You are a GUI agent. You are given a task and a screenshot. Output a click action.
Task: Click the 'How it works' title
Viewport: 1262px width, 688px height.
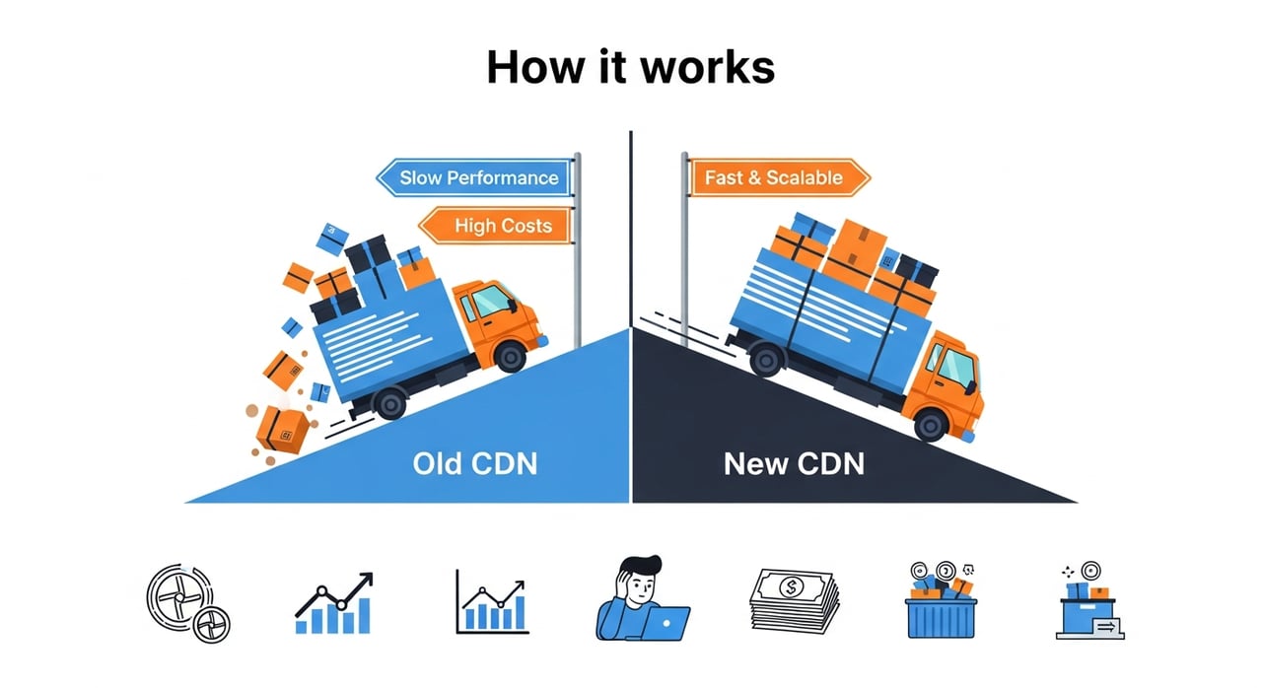pos(631,66)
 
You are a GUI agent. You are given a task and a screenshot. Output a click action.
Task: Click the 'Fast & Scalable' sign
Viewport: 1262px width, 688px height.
pos(774,178)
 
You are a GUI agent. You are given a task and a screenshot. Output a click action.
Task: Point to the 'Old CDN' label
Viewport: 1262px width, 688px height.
pos(475,462)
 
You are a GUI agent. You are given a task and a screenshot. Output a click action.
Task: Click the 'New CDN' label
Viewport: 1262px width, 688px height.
pos(794,462)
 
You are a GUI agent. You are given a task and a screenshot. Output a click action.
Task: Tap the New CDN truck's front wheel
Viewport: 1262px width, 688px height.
pos(930,424)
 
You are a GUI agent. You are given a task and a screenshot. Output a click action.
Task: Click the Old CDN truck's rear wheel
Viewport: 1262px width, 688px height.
pos(390,403)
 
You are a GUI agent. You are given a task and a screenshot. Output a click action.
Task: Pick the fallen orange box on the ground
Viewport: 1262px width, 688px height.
pos(283,430)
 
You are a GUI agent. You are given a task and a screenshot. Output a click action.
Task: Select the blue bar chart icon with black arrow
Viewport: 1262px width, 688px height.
pos(334,603)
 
